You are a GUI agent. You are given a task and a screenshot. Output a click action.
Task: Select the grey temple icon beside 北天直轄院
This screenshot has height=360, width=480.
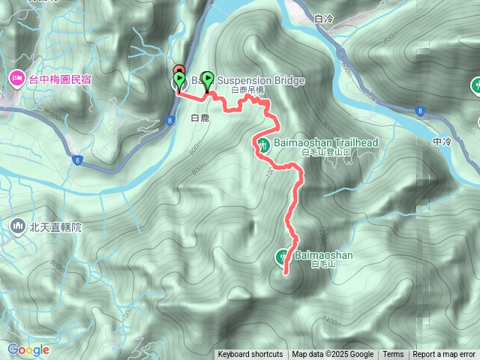pyautogui.click(x=17, y=225)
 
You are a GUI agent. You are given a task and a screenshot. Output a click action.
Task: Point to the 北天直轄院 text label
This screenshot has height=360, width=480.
pyautogui.click(x=55, y=225)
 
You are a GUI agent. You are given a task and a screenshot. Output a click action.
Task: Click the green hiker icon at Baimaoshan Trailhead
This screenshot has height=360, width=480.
pyautogui.click(x=263, y=143)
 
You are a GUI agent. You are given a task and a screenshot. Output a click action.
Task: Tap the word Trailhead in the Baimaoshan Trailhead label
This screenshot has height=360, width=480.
pyautogui.click(x=352, y=142)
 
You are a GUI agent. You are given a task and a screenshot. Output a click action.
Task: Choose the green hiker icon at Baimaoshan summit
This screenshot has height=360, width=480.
pyautogui.click(x=283, y=256)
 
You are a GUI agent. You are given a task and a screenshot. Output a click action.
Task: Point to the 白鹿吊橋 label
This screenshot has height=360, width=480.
pyautogui.click(x=247, y=90)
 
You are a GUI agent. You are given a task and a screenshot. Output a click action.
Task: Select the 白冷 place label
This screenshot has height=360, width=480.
pyautogui.click(x=325, y=18)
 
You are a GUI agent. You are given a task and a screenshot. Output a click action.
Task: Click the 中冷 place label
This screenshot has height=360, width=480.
pyautogui.click(x=442, y=141)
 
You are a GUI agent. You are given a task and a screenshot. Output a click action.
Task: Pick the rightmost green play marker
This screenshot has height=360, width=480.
pyautogui.click(x=207, y=78)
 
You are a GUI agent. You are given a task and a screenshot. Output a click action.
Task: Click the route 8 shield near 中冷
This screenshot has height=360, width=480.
pyautogui.click(x=418, y=112)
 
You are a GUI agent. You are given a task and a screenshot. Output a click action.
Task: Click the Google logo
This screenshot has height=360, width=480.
pyautogui.click(x=28, y=349)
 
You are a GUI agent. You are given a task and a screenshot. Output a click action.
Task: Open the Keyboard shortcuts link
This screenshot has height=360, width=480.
pyautogui.click(x=250, y=355)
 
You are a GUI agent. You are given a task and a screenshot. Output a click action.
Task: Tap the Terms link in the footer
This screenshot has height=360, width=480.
pyautogui.click(x=393, y=355)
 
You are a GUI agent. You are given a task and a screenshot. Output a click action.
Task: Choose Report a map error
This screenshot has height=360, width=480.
pyautogui.click(x=444, y=355)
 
